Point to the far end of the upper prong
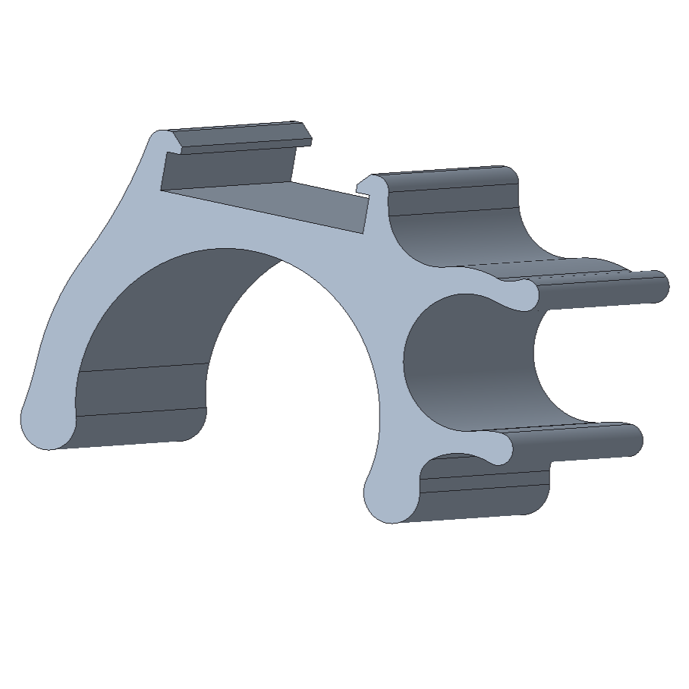pyautogui.click(x=659, y=286)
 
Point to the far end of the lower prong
pyautogui.click(x=633, y=440)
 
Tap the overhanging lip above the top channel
pyautogui.click(x=235, y=137)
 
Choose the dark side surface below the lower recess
pyautogui.click(x=486, y=501)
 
